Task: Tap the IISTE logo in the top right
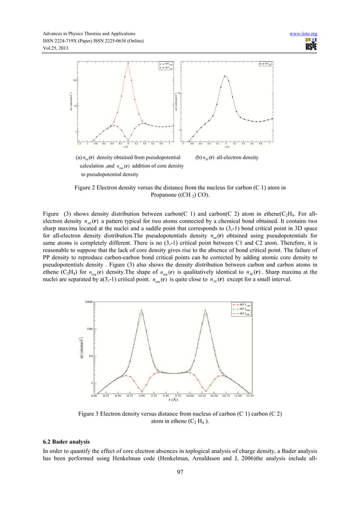[309, 46]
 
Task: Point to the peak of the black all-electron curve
[226, 77]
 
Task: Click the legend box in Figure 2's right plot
[265, 65]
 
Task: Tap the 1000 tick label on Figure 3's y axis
[89, 302]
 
